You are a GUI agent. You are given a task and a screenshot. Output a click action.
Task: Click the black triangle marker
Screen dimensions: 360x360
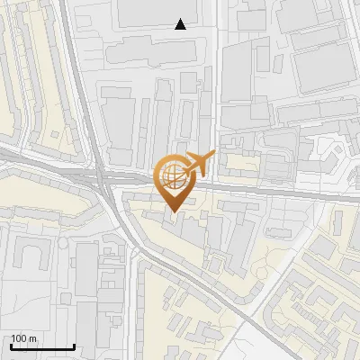pos(181,24)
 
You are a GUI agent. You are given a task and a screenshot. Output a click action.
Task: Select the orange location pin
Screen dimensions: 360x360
pos(175,180)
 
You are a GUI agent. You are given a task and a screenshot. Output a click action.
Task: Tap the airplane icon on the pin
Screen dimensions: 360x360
pos(198,163)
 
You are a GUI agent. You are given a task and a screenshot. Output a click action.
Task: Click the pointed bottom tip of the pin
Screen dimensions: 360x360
pos(174,211)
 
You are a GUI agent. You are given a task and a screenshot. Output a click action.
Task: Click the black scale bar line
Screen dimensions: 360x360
pos(41,346)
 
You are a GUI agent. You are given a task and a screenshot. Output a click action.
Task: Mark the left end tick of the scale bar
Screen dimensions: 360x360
pos(10,346)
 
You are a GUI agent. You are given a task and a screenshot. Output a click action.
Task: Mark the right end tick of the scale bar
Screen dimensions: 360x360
pos(73,346)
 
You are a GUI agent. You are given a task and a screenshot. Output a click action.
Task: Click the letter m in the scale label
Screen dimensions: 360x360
pos(32,337)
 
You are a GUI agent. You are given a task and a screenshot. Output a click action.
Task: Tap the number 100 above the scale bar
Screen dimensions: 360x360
pos(19,337)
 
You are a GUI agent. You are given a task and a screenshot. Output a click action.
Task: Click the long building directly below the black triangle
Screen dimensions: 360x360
pos(157,52)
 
